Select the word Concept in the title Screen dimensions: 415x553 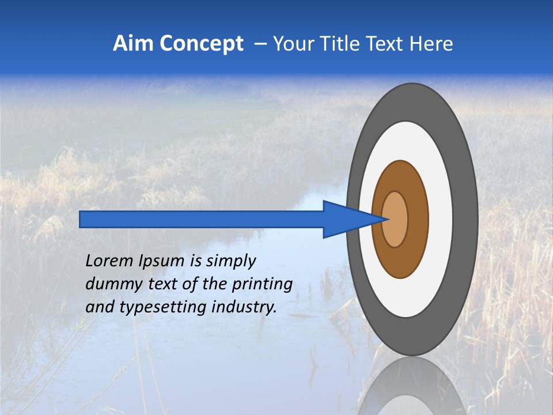202,44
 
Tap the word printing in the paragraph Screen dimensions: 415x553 262,285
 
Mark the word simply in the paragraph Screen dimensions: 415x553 230,262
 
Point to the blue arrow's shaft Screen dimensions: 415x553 202,219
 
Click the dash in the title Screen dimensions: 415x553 260,44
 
